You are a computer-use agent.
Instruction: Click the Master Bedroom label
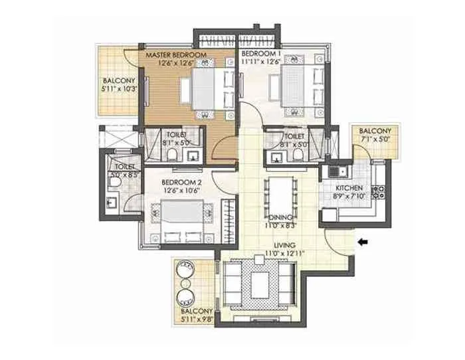tap(173, 54)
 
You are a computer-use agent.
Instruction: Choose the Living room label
tap(275, 245)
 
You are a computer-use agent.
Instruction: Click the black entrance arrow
tap(363, 242)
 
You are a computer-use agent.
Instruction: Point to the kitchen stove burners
tap(381, 193)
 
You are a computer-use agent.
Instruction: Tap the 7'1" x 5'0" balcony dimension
tap(375, 140)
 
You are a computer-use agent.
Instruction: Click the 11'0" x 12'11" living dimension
tap(275, 254)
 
